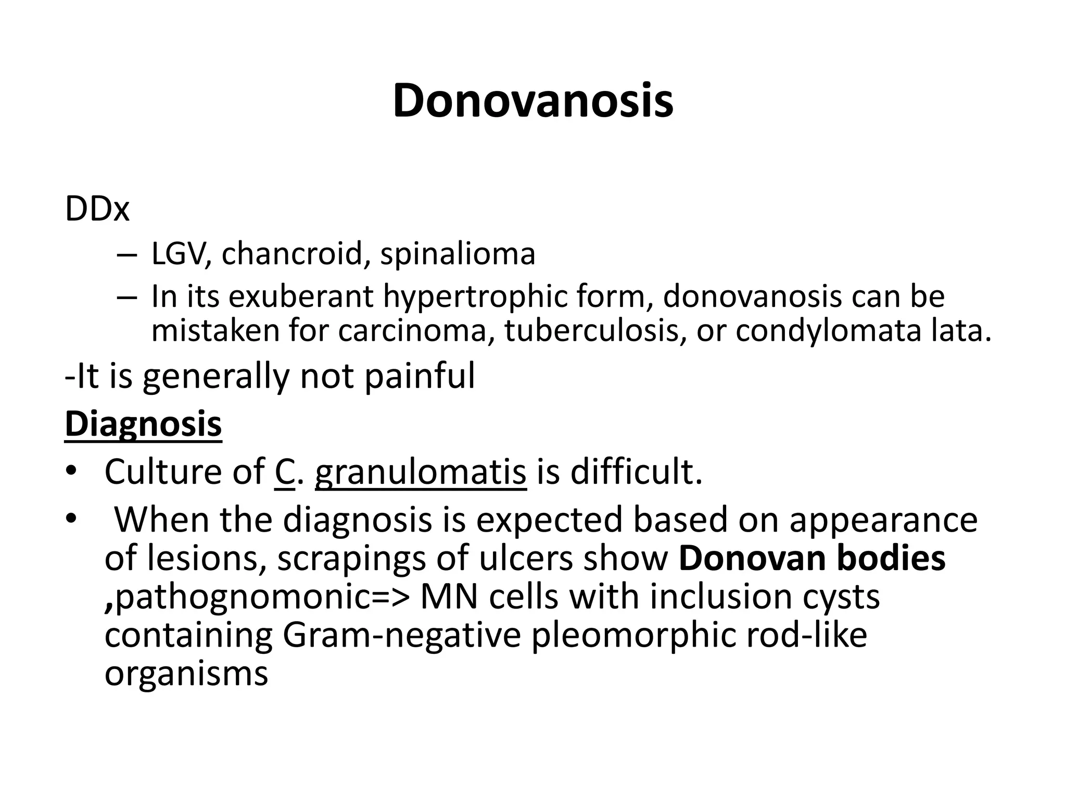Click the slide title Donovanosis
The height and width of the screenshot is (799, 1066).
click(533, 101)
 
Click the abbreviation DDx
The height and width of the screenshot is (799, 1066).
click(97, 210)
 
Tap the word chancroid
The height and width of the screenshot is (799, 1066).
click(292, 254)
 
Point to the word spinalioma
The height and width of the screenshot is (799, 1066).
click(458, 255)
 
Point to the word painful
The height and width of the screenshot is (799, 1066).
click(420, 376)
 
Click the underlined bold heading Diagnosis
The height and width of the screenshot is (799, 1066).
click(143, 424)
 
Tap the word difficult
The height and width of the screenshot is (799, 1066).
click(636, 471)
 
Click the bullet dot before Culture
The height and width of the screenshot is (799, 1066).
click(71, 471)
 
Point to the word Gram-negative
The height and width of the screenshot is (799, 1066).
click(401, 635)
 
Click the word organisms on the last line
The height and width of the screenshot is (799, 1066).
click(186, 674)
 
